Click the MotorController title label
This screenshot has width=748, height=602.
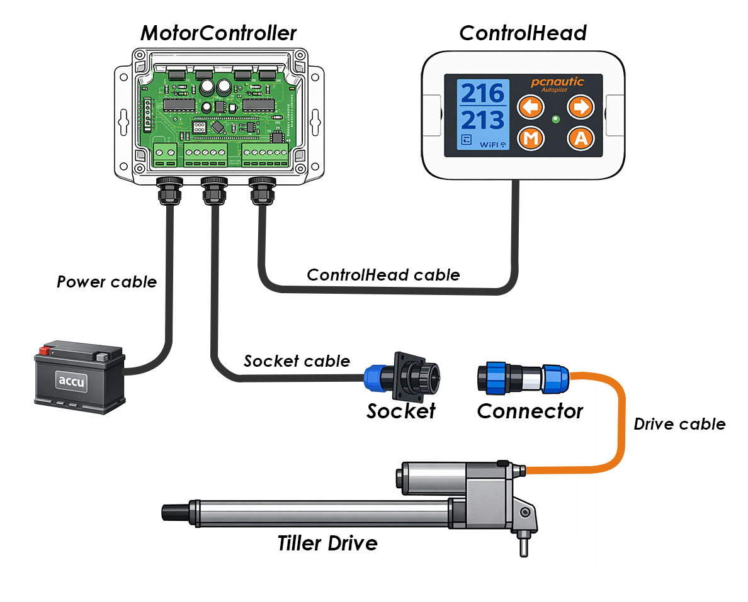pyautogui.click(x=218, y=33)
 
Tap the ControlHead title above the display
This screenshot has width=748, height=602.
pyautogui.click(x=523, y=33)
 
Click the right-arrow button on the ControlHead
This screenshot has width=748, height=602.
pyautogui.click(x=581, y=107)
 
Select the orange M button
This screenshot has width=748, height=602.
pyautogui.click(x=530, y=138)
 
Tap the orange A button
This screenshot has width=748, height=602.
pyautogui.click(x=581, y=138)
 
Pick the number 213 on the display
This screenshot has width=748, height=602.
pyautogui.click(x=483, y=120)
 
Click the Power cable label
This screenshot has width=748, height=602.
pyautogui.click(x=106, y=282)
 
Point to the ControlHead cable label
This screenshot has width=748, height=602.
pyautogui.click(x=383, y=275)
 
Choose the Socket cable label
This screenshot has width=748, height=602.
pyautogui.click(x=297, y=361)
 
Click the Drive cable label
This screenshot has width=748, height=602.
pyautogui.click(x=679, y=424)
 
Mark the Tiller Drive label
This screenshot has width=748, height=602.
pyautogui.click(x=327, y=543)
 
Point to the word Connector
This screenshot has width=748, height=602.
pyautogui.click(x=530, y=411)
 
